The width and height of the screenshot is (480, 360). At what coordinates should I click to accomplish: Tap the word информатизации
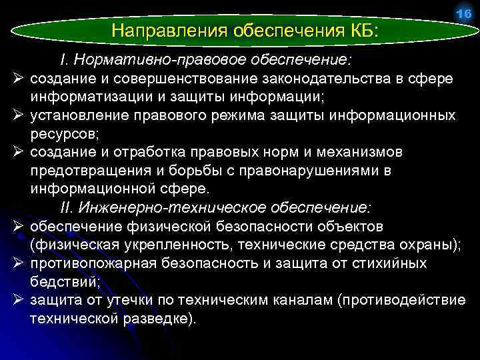pos(81,97)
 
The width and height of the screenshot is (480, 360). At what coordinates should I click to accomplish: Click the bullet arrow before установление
pos(15,116)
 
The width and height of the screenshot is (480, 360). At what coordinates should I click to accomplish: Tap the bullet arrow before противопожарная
pos(15,263)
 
